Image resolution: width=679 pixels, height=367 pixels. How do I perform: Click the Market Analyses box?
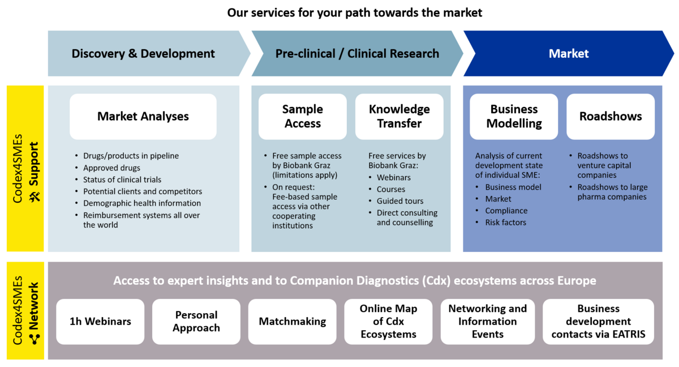tap(143, 117)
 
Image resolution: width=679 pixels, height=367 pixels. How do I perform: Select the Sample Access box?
tap(302, 117)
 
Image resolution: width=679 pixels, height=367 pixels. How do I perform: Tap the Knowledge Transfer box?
tap(399, 117)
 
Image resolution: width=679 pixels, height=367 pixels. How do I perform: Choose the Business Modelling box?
tap(514, 117)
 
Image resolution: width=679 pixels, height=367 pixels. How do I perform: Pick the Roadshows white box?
tap(610, 117)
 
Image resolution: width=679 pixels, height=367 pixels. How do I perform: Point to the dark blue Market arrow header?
tap(568, 54)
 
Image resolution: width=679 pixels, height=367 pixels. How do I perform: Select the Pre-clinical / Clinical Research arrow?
tap(356, 54)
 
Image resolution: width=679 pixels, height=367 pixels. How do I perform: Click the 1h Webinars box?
tap(100, 322)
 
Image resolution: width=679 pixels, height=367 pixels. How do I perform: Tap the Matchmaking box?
tap(292, 322)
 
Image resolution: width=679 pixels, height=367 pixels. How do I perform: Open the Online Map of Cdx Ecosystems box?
tap(388, 322)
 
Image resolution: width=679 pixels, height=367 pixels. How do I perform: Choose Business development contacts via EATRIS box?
tap(598, 322)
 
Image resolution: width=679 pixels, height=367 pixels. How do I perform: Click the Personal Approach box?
tap(196, 322)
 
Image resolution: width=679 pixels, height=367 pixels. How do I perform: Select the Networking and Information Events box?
tap(487, 322)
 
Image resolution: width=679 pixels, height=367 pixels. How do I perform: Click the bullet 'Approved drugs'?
tap(111, 168)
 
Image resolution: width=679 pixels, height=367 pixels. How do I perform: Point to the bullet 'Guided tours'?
tap(399, 201)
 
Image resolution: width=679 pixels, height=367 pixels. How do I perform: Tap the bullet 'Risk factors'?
tap(505, 223)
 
